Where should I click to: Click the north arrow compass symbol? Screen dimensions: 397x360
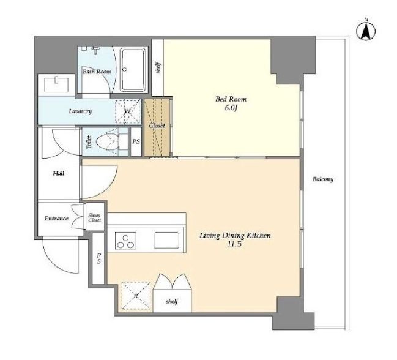366,31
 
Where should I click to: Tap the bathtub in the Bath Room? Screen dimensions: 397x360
133,70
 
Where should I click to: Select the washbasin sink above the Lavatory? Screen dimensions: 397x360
56,84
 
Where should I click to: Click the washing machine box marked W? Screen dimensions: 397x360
128,111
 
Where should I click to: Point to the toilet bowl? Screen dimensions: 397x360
108,142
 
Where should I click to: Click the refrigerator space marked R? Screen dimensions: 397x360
136,295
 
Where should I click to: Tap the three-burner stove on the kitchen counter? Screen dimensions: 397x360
125,241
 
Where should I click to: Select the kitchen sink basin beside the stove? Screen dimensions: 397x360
166,241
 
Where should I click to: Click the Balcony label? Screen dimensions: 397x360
323,179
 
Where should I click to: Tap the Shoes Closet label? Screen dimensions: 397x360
95,217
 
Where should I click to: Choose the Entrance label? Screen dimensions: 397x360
56,219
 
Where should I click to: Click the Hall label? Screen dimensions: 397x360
59,173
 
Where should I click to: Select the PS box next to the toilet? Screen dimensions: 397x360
136,141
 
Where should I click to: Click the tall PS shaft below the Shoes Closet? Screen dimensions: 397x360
98,258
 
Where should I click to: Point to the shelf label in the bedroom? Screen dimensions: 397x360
158,67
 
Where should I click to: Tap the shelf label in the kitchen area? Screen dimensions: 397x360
172,301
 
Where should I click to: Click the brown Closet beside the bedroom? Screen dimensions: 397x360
157,127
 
